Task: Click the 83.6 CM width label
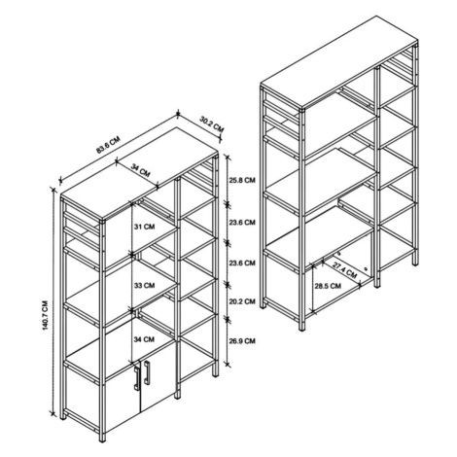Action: coord(108,145)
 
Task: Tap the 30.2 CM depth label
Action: coord(212,124)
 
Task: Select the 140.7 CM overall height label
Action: coord(45,316)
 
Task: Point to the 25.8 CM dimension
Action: coord(242,180)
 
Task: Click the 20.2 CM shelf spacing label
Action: coord(242,301)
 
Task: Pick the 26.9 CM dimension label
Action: coord(242,341)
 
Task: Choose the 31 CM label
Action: coord(145,227)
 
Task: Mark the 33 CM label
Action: coord(145,286)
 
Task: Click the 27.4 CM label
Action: coord(344,269)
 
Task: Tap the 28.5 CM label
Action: coord(328,286)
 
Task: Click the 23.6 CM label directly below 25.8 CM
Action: coord(242,223)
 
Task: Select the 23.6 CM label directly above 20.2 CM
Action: coord(242,263)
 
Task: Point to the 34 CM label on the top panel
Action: coord(141,170)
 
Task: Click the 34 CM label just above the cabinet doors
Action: coord(145,339)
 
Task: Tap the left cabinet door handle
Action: coord(136,377)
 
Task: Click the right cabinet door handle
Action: coord(147,372)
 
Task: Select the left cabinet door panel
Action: coord(123,402)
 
